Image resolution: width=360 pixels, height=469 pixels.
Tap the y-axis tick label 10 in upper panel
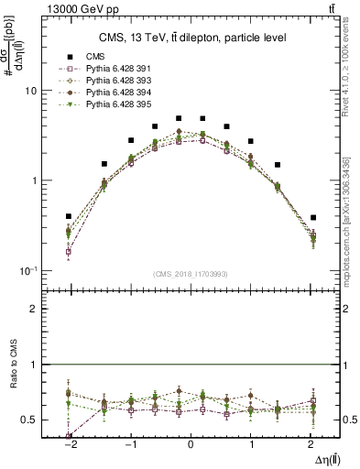pyautogui.click(x=30, y=92)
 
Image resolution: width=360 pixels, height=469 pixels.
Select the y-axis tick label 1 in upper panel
pyautogui.click(x=33, y=180)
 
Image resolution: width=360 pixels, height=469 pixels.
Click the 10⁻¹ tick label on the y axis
pyautogui.click(x=28, y=269)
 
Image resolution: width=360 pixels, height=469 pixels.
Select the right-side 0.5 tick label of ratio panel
pyautogui.click(x=349, y=420)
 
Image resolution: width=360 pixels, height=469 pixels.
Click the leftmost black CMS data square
pyautogui.click(x=69, y=217)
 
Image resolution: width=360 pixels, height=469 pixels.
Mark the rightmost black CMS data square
pyautogui.click(x=313, y=218)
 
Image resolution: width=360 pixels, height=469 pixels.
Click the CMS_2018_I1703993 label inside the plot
pyautogui.click(x=191, y=274)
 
